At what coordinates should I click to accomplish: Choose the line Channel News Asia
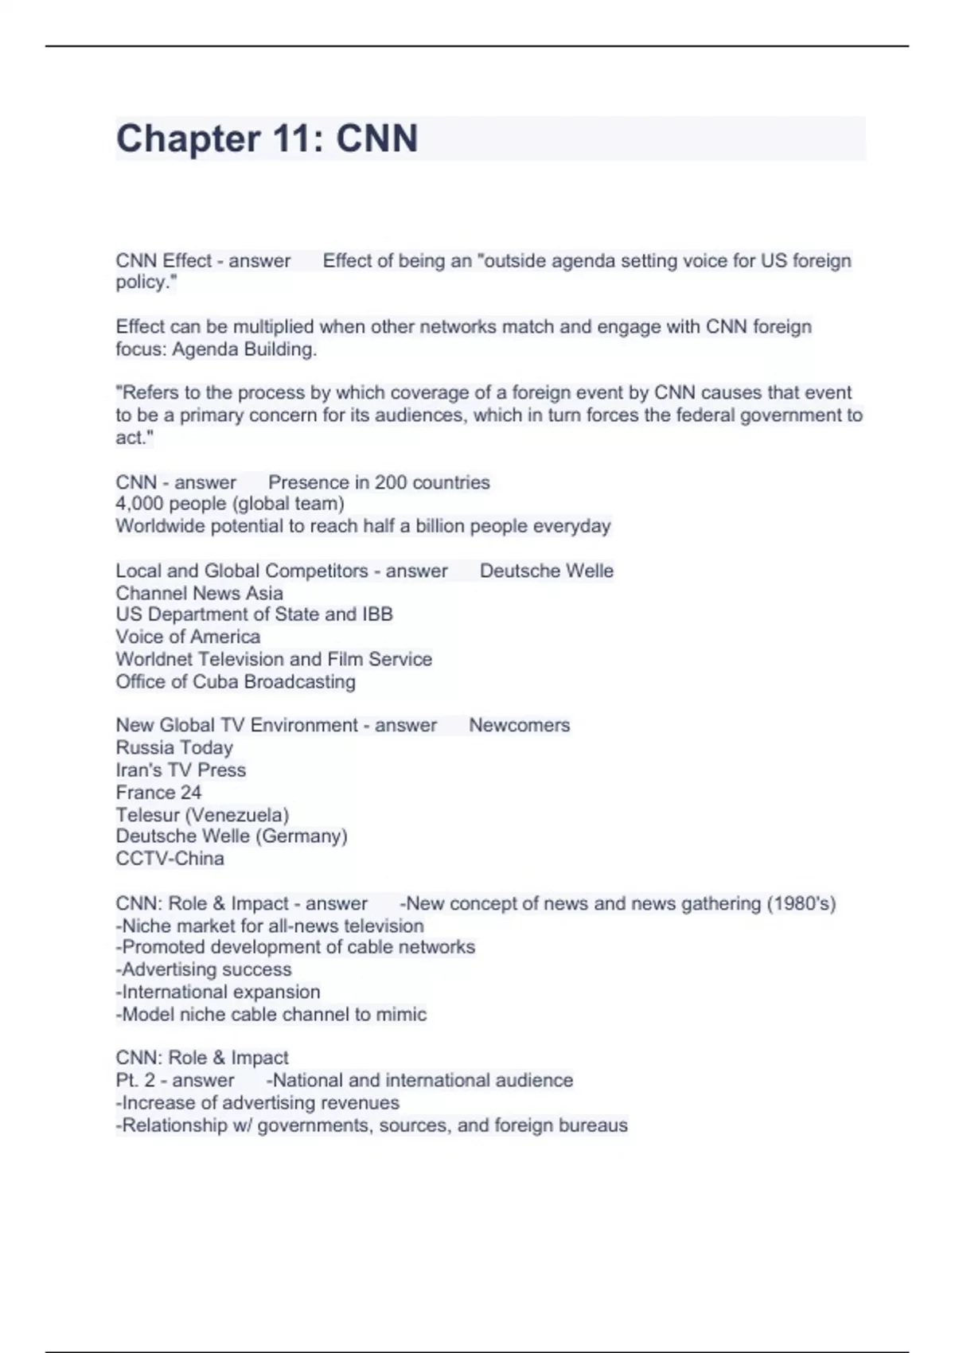click(199, 593)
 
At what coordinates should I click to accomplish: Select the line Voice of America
click(188, 637)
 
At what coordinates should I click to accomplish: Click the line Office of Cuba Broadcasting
click(236, 681)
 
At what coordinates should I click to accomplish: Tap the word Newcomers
click(519, 725)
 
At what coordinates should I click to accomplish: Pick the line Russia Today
click(174, 747)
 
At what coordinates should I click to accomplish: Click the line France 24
click(158, 792)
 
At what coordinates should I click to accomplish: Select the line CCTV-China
click(170, 859)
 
